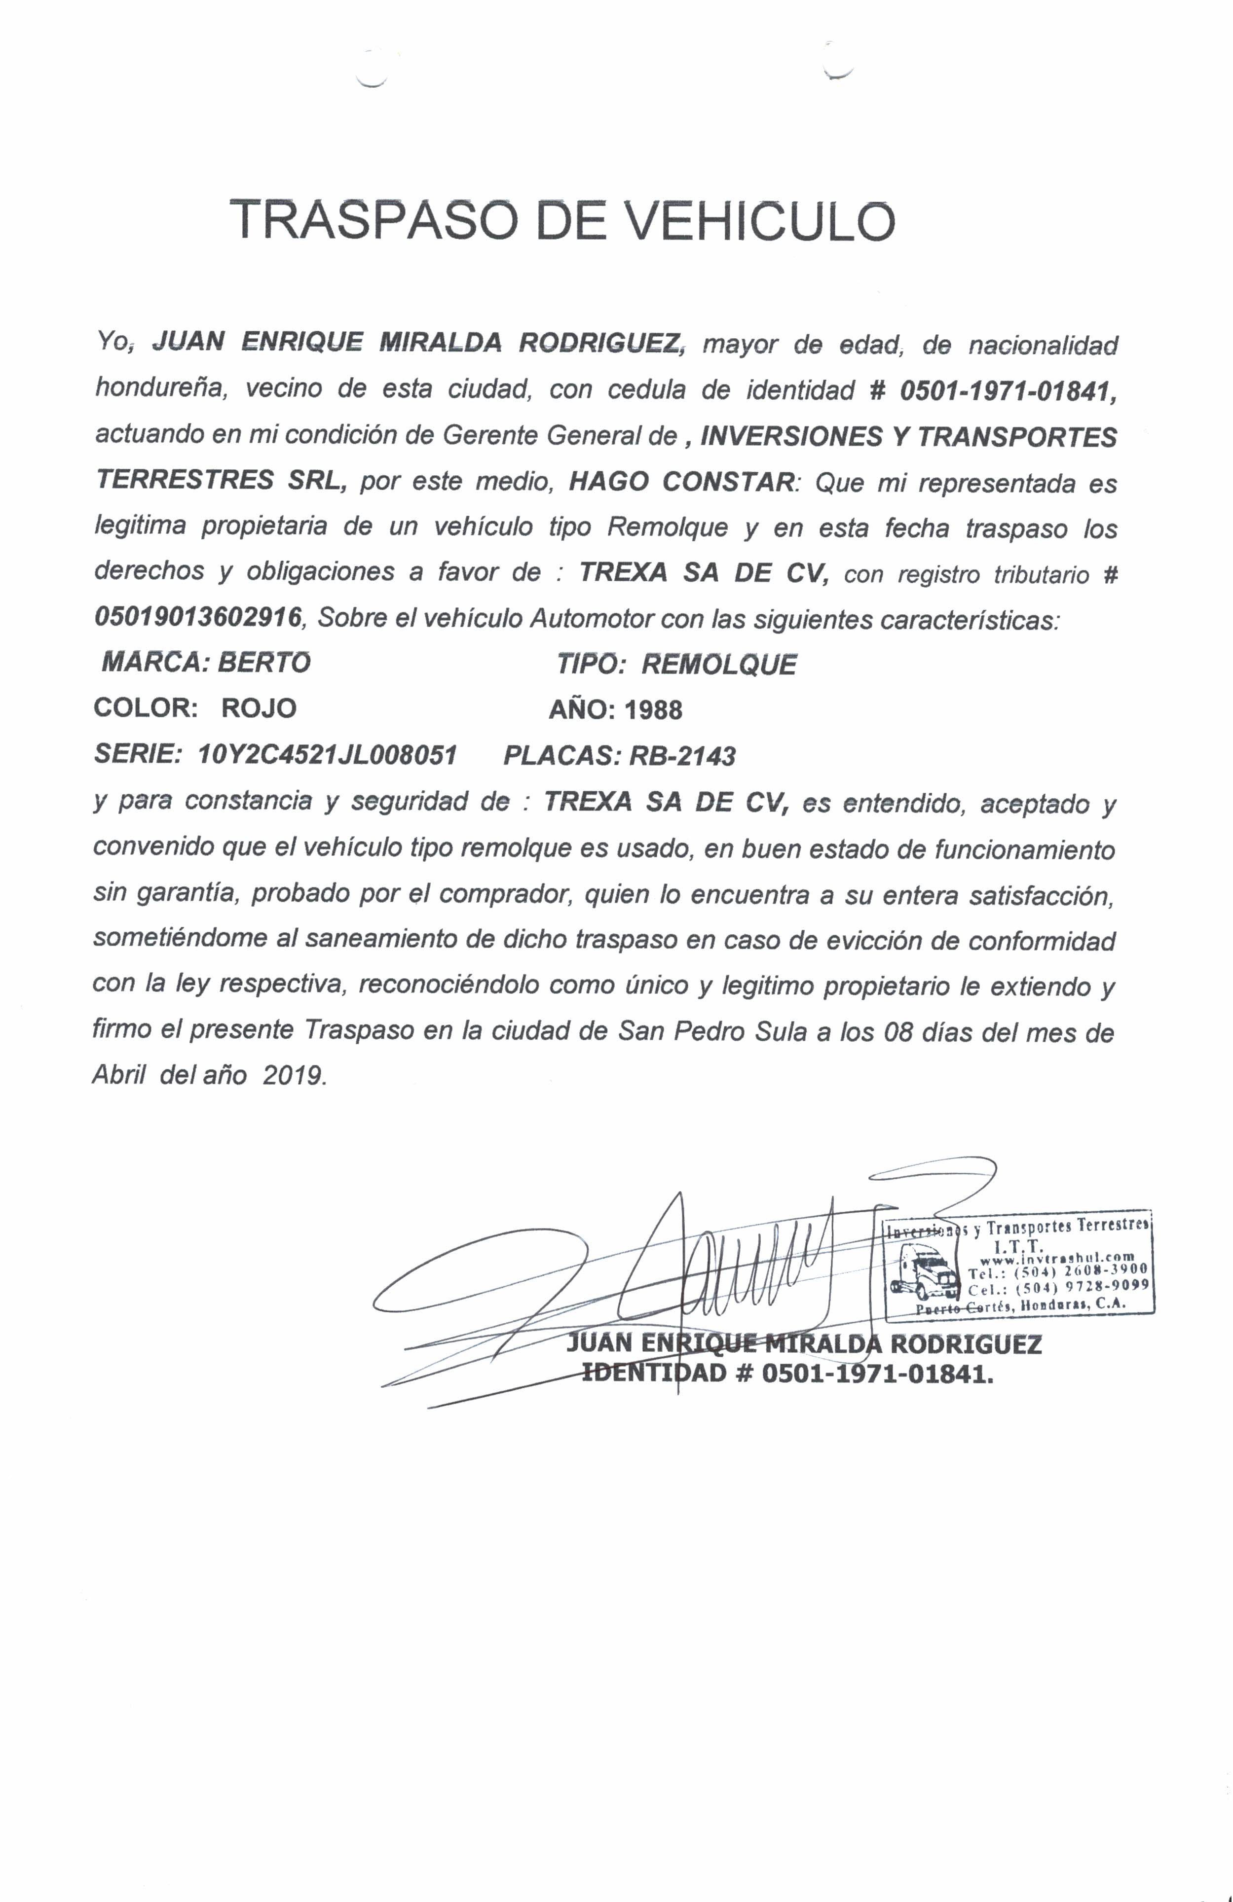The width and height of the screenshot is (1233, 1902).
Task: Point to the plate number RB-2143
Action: pos(682,756)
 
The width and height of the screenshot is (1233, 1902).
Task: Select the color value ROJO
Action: pos(258,708)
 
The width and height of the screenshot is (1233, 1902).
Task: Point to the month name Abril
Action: pos(118,1075)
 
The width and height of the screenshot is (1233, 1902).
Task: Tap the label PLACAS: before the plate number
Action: pos(561,756)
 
